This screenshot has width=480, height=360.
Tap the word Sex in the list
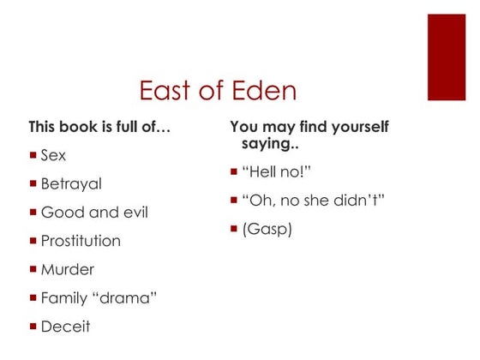(x=53, y=156)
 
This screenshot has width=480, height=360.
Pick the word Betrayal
(x=71, y=183)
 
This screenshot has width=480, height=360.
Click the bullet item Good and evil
(x=94, y=212)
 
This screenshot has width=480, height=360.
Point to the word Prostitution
(x=81, y=241)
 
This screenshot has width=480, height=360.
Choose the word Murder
(x=68, y=269)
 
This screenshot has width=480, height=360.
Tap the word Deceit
(x=65, y=326)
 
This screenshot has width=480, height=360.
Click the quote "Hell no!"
(x=277, y=173)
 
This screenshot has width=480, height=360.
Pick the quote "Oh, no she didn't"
(x=313, y=201)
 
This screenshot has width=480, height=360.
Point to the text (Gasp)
(x=268, y=230)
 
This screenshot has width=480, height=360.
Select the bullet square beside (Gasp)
(x=234, y=229)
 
